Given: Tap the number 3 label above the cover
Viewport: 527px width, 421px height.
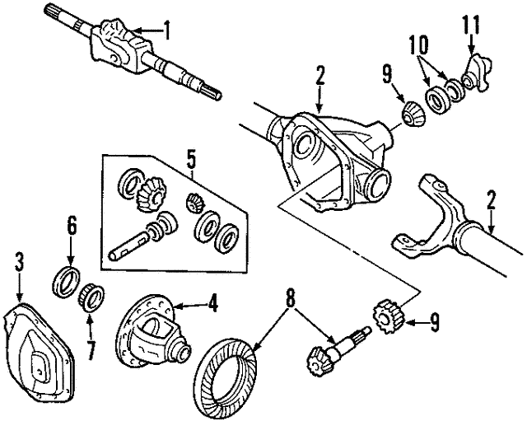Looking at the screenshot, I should coord(20,263).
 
